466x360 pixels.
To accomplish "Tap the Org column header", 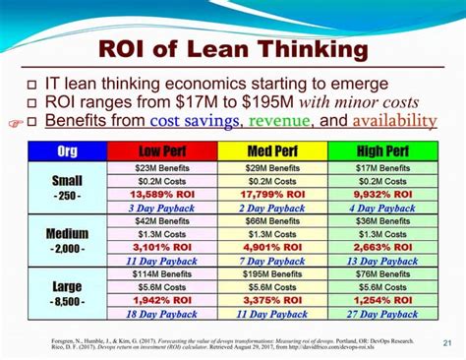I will point(68,151).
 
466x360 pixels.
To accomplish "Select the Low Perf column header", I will point(161,151).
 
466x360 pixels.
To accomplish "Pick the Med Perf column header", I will point(272,151).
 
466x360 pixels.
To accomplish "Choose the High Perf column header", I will point(383,151).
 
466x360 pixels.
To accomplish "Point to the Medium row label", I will point(68,242).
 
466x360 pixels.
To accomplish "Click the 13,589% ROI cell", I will point(161,194).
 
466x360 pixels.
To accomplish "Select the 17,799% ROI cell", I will point(272,194).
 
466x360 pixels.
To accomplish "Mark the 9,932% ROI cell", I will point(383,194).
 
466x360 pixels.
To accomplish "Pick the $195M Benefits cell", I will point(272,274).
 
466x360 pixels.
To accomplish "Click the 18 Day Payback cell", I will point(161,315).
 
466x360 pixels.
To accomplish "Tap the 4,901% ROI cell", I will point(272,248).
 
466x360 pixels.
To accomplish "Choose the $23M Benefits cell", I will point(161,168).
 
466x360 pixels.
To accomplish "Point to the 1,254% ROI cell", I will point(383,301).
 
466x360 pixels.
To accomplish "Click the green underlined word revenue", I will point(280,121).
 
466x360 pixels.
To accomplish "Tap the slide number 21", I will point(448,343).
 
